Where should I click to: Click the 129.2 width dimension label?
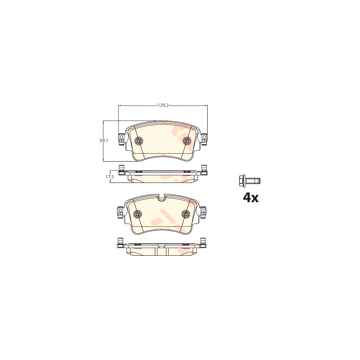click(x=163, y=105)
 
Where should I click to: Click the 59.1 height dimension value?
click(x=103, y=141)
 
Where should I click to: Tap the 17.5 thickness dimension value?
click(x=110, y=177)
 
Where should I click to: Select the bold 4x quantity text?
click(x=251, y=198)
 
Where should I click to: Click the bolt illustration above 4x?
click(x=249, y=181)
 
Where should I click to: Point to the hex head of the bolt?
click(x=242, y=181)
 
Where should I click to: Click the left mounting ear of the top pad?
click(x=121, y=138)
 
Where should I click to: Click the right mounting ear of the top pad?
click(x=204, y=138)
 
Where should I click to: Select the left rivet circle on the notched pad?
click(x=138, y=214)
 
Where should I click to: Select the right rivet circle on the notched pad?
click(x=185, y=214)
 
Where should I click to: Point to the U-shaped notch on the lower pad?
click(x=162, y=197)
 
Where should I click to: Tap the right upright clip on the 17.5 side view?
click(x=204, y=170)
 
